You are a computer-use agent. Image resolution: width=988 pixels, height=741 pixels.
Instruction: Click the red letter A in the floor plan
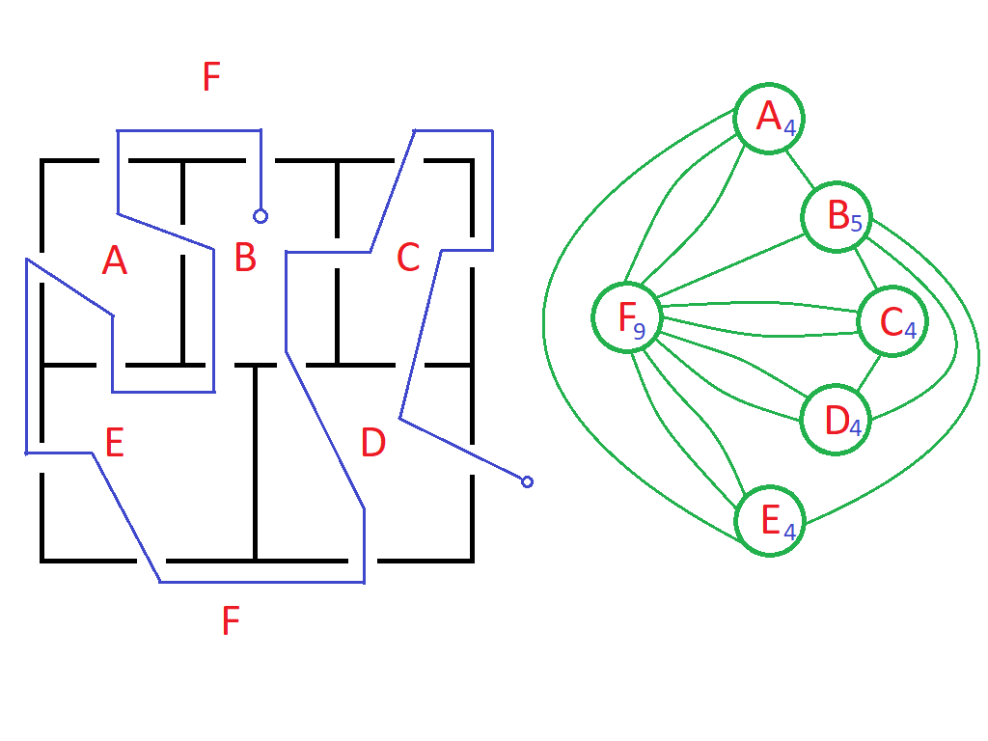[x=115, y=261]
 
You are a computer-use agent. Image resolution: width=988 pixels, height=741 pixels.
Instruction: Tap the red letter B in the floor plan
[x=245, y=257]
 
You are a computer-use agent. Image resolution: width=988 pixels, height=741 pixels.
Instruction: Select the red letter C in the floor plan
[x=408, y=258]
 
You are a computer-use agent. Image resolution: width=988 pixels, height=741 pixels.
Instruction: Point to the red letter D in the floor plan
[x=373, y=442]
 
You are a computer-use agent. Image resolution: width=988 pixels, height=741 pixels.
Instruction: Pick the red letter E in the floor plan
[x=114, y=442]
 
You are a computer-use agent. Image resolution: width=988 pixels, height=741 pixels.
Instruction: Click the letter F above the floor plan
[x=211, y=76]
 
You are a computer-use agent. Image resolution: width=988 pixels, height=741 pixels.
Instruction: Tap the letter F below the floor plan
[x=231, y=620]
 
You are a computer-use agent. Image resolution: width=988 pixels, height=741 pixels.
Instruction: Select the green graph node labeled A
[x=769, y=119]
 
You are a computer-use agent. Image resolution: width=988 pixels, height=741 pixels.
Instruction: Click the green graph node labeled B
[x=837, y=217]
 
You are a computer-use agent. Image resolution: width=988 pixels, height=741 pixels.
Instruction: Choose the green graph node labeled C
[x=892, y=321]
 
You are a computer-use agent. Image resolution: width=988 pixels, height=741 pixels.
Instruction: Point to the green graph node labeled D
[x=836, y=420]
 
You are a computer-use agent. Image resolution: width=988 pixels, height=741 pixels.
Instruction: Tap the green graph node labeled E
[x=770, y=520]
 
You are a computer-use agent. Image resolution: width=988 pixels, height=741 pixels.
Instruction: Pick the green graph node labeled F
[x=627, y=316]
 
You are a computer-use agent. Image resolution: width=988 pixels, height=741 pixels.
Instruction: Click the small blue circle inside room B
[x=261, y=217]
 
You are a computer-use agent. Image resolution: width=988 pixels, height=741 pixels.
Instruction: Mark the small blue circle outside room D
[x=528, y=482]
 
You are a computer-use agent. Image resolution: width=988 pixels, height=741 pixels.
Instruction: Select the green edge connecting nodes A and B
[x=800, y=169]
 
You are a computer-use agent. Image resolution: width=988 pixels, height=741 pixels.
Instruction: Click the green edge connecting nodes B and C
[x=865, y=269]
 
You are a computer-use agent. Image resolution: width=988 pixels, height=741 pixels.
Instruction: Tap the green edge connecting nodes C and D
[x=868, y=372]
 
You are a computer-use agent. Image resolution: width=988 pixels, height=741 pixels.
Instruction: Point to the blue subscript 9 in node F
[x=639, y=331]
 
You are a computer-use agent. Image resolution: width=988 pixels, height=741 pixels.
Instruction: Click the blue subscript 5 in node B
[x=856, y=223]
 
